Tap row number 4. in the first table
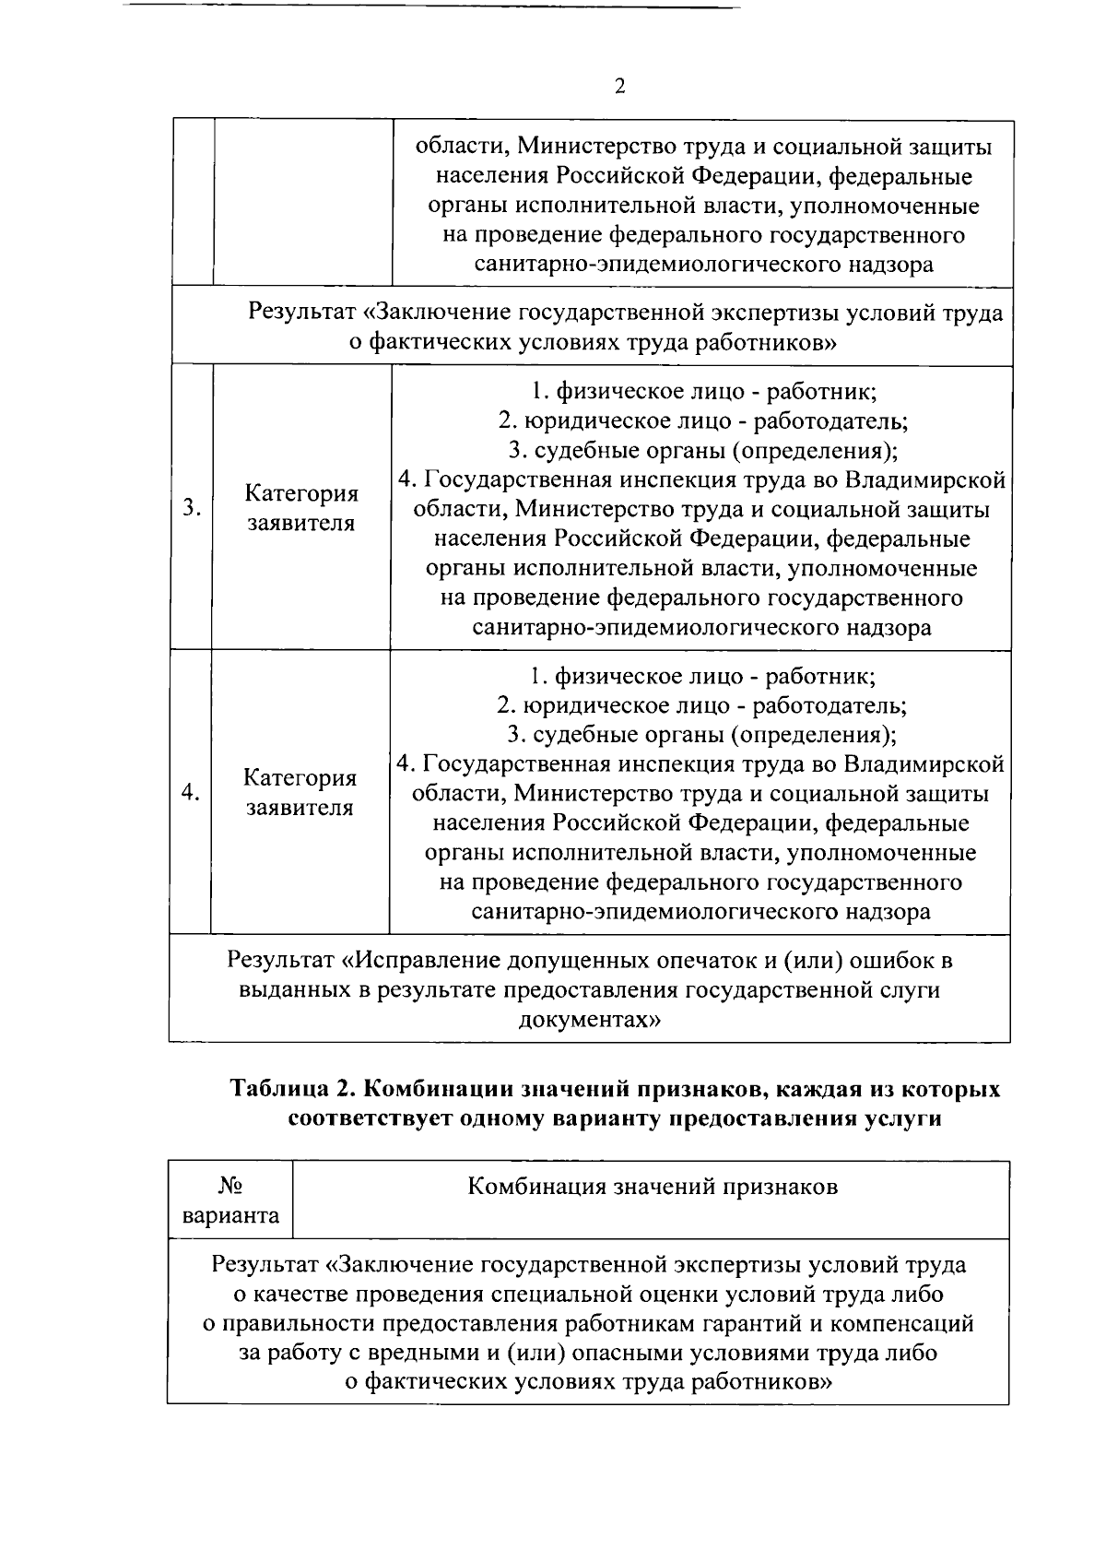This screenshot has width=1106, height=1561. tap(190, 792)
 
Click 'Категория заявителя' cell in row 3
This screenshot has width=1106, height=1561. tap(300, 508)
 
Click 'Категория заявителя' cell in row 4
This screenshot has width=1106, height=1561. tap(300, 792)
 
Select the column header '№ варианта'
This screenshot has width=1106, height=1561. tap(230, 1200)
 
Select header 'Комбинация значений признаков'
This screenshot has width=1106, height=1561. tap(653, 1186)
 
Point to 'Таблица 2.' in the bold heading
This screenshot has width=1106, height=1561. tap(292, 1088)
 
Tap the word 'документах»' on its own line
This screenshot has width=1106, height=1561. tap(590, 1020)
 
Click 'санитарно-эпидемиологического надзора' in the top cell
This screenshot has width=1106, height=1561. tap(703, 265)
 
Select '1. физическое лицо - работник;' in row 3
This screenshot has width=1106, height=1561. tap(704, 391)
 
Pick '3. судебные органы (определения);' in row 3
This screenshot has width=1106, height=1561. tap(703, 450)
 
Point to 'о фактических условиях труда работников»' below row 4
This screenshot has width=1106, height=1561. tap(591, 1382)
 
